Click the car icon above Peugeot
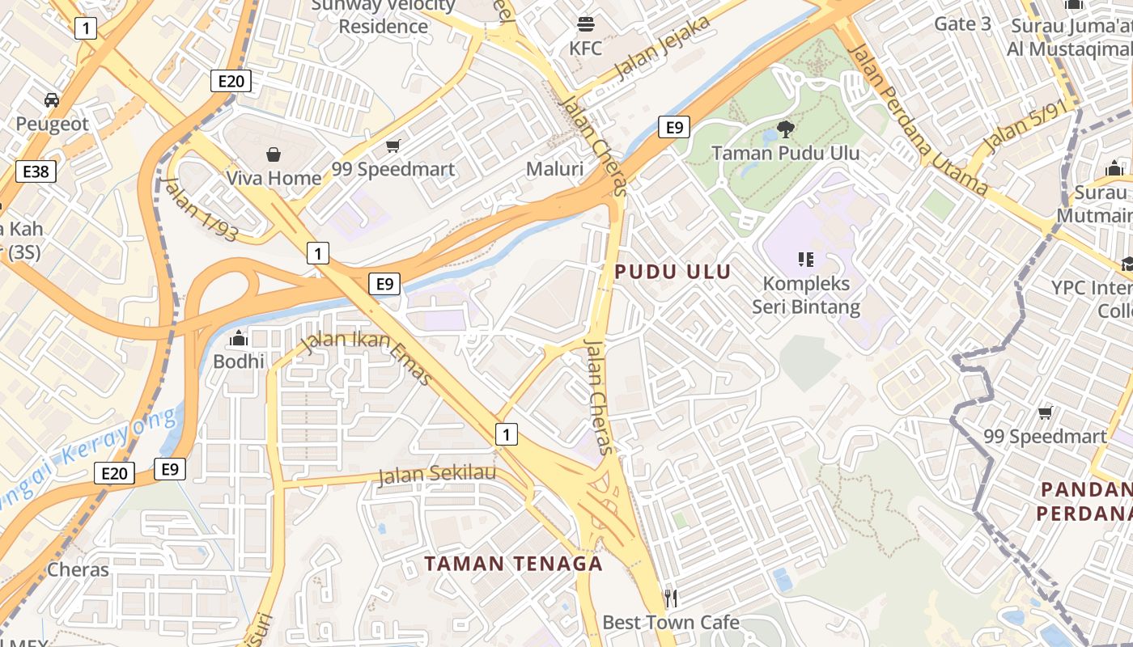click(x=52, y=99)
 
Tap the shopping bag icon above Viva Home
click(x=274, y=154)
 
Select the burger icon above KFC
click(x=586, y=23)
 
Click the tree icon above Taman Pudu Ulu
click(x=785, y=128)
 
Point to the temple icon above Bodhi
click(x=239, y=337)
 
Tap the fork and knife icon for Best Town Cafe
click(x=670, y=598)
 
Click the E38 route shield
click(x=36, y=171)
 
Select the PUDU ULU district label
click(x=673, y=272)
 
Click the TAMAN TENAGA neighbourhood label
click(x=514, y=564)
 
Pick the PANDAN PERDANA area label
click(x=1084, y=501)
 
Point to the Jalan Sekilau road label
click(x=437, y=474)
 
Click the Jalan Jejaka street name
click(x=663, y=47)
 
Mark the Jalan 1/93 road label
click(x=201, y=209)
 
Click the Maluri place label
click(x=554, y=169)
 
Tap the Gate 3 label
click(x=962, y=23)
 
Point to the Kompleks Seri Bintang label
click(x=806, y=295)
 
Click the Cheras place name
click(x=78, y=569)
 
